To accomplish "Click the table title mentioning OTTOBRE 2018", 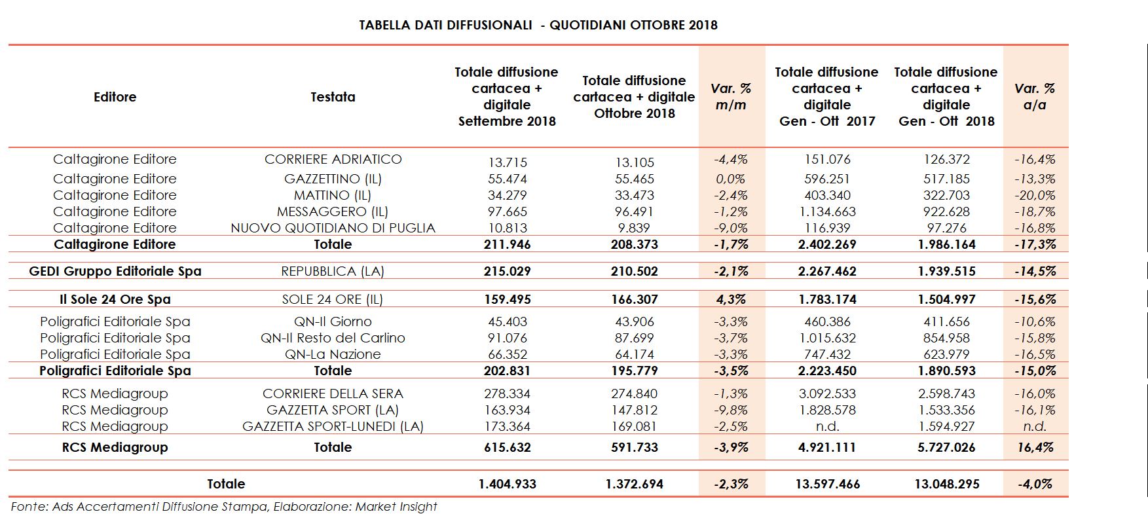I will tap(538, 25).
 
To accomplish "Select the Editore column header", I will tap(115, 97).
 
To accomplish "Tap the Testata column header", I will tap(333, 97).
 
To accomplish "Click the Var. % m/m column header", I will tap(731, 97).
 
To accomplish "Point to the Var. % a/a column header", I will tap(1035, 97).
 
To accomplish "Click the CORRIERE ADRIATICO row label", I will tap(333, 159).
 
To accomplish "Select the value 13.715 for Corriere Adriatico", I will tap(508, 162).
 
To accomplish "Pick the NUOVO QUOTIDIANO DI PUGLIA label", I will tap(333, 228).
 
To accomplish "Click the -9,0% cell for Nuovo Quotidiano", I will tap(731, 228).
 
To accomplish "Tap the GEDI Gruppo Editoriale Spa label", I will tap(115, 271).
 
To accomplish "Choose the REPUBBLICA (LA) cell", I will tap(333, 271).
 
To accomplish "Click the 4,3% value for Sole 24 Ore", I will tap(731, 299).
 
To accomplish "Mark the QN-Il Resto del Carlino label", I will tap(333, 338).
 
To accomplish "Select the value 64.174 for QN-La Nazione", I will tap(634, 354).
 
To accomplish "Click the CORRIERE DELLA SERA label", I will tap(333, 394).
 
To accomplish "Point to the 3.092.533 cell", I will tap(827, 394).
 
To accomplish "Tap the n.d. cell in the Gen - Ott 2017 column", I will tap(827, 426).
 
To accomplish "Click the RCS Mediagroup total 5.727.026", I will tap(946, 447).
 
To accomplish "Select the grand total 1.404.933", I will tap(508, 484).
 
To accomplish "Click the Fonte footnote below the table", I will tap(223, 506).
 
